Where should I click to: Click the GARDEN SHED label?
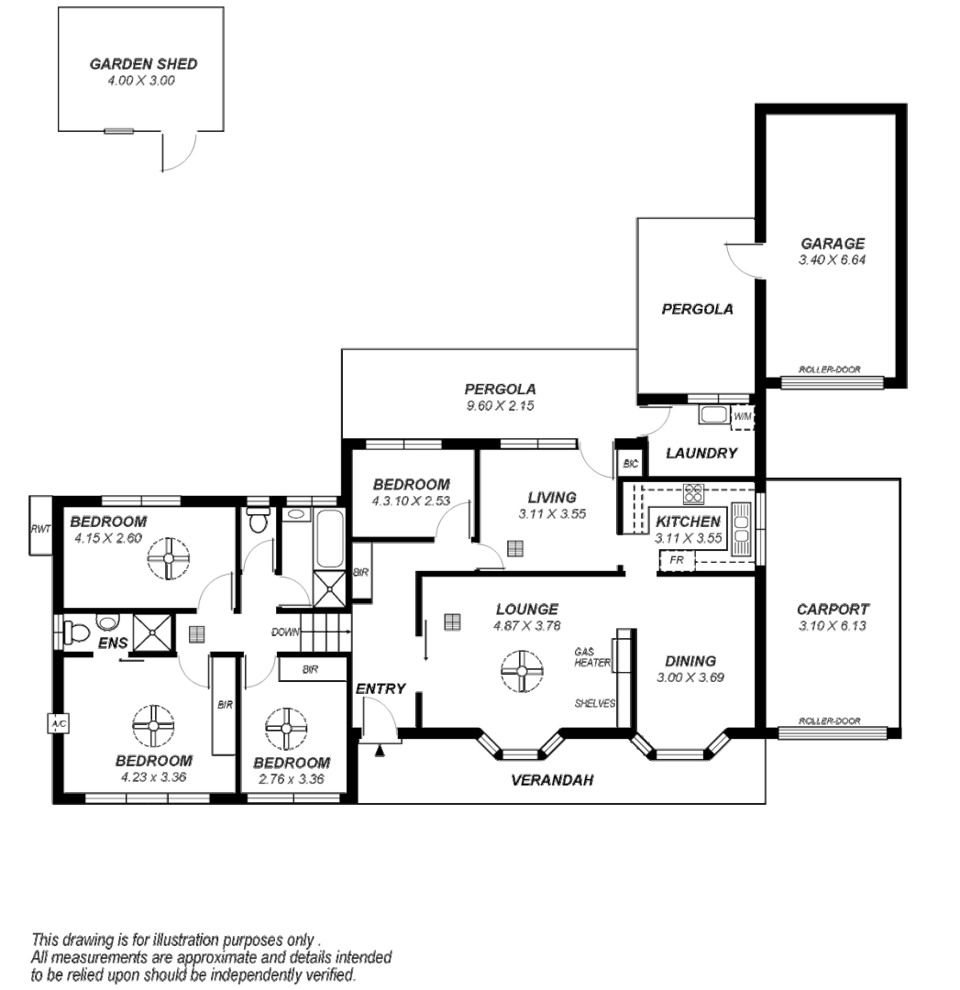[x=143, y=64]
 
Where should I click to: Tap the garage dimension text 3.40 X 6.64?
[x=832, y=259]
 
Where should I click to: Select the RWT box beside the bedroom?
[x=41, y=526]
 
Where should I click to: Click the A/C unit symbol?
[x=58, y=723]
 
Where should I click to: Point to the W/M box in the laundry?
[x=743, y=417]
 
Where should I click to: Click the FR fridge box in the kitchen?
[x=677, y=560]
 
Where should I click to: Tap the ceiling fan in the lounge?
[x=523, y=670]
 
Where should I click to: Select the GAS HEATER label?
[x=592, y=656]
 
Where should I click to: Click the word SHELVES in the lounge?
[x=595, y=703]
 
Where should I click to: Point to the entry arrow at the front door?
[x=380, y=750]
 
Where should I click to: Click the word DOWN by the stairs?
[x=285, y=632]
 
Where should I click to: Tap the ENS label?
[x=113, y=643]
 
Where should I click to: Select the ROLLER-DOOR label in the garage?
[x=829, y=369]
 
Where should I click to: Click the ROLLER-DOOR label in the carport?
[x=829, y=720]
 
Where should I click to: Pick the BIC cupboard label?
[x=631, y=464]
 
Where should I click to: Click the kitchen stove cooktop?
[x=693, y=492]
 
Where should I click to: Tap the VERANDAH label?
[x=552, y=780]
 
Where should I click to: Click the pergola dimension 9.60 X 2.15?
[x=501, y=406]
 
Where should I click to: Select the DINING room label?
[x=690, y=661]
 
